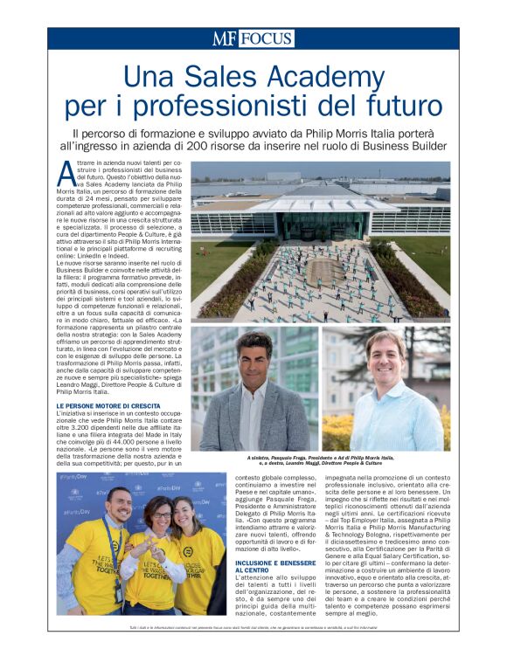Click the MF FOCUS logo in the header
253,38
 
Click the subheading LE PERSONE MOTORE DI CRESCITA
109,405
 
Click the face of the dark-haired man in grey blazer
254,359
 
